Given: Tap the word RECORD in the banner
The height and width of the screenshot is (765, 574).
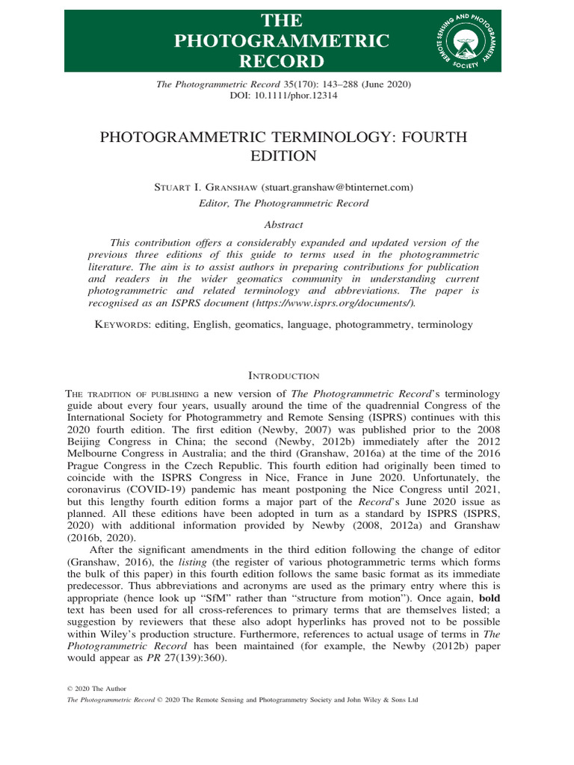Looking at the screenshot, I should coord(282,61).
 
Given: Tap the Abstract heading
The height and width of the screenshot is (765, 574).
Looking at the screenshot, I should coord(286,223).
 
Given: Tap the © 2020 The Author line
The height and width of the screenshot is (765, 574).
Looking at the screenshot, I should coord(97,688).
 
